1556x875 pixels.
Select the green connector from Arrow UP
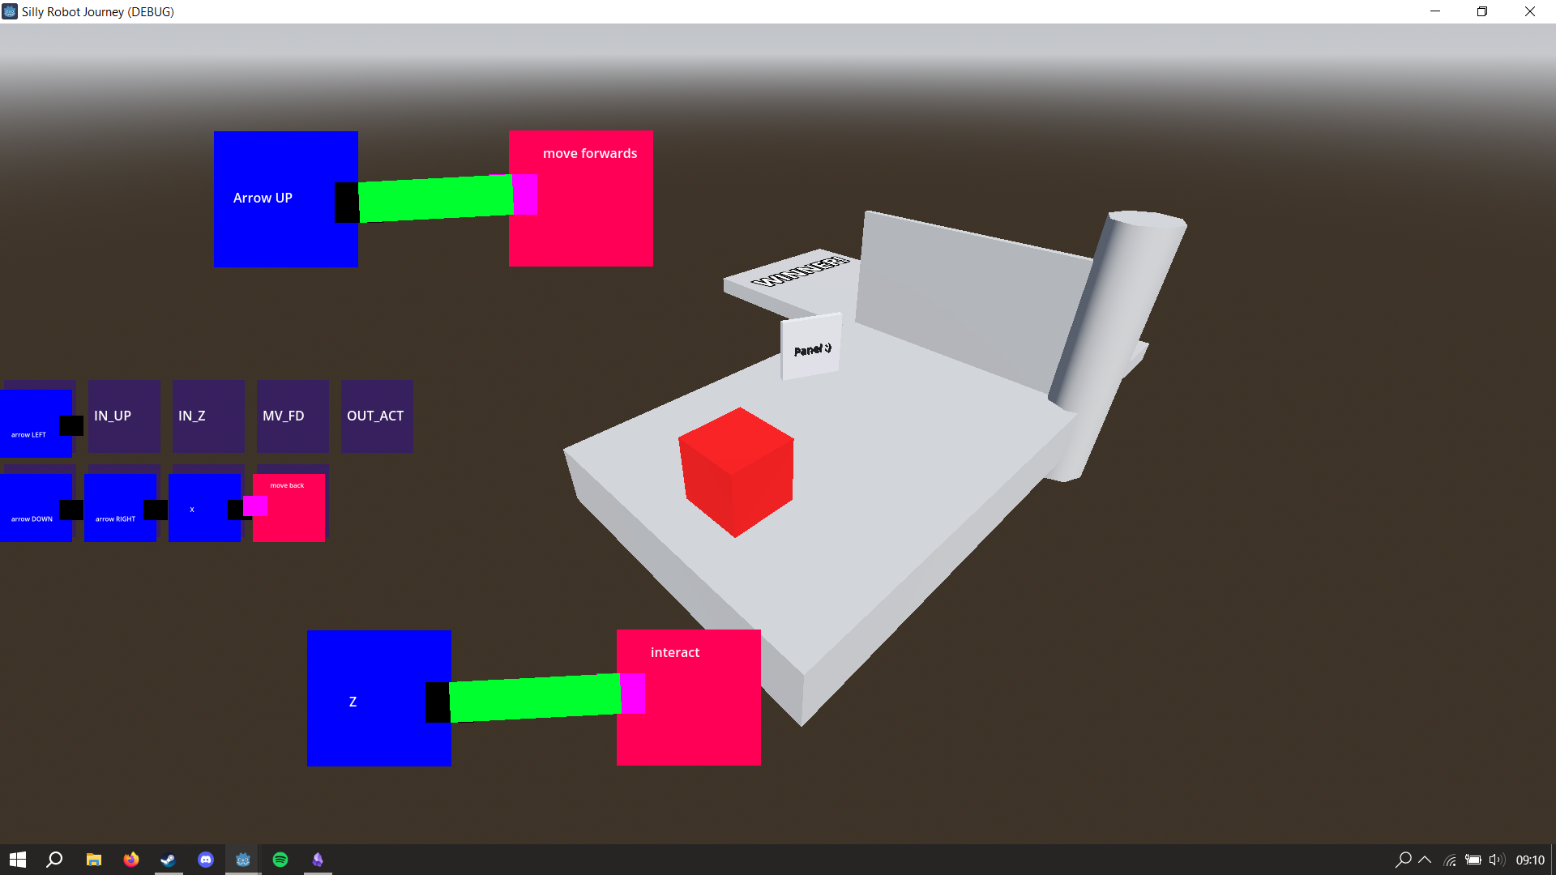[x=435, y=198]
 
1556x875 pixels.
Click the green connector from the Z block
[x=535, y=698]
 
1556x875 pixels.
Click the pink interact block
[x=697, y=713]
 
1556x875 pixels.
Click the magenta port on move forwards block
[x=525, y=195]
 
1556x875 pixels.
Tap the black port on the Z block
[x=438, y=702]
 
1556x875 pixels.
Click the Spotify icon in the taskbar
[x=280, y=860]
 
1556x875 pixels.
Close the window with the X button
[x=1529, y=11]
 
